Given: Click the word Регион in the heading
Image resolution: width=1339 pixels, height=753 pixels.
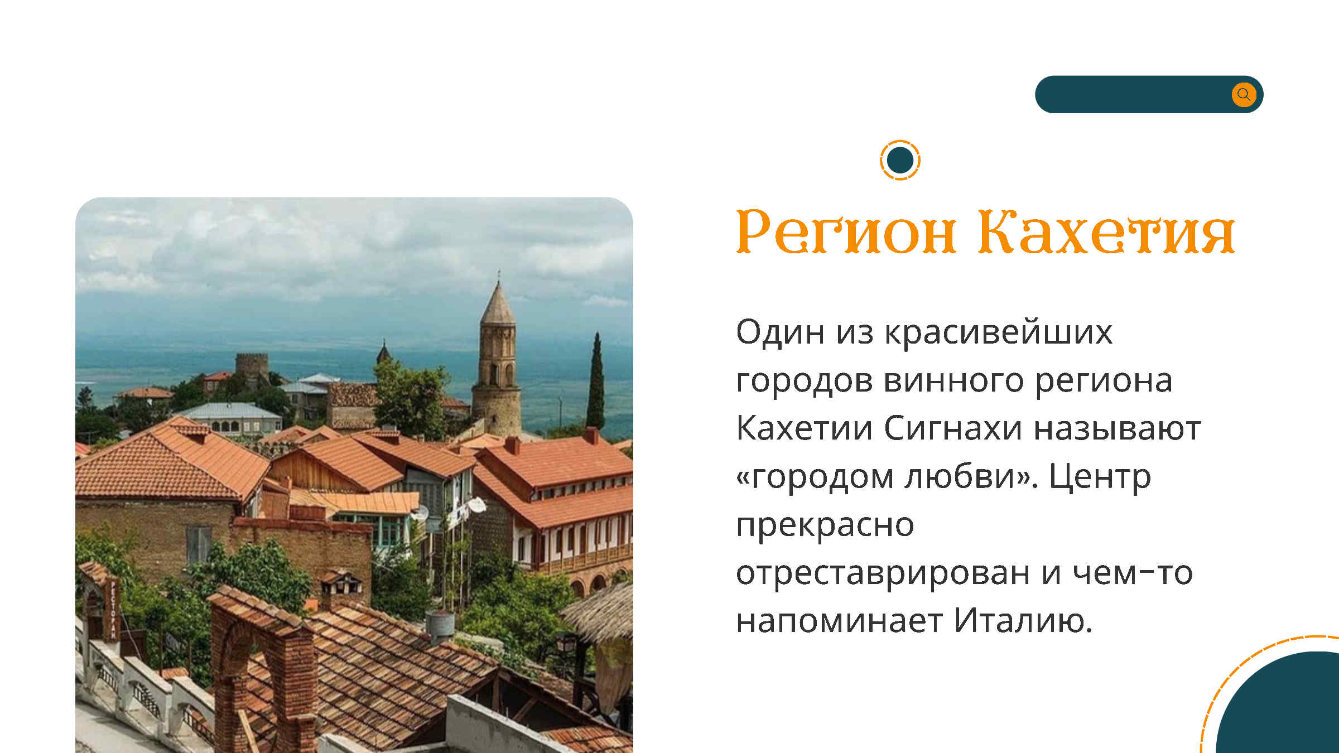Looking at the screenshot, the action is (847, 231).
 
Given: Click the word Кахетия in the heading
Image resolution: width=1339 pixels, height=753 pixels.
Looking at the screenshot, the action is (1106, 231).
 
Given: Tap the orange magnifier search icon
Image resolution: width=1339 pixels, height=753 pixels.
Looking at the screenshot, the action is (1244, 94).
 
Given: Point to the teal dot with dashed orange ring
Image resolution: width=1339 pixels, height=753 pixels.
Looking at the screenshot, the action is (900, 160).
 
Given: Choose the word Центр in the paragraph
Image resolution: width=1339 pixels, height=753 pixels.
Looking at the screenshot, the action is (1100, 477).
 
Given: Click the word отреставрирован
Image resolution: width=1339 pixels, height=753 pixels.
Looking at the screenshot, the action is (883, 573).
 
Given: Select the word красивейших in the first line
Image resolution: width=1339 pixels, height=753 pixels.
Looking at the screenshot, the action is (998, 332).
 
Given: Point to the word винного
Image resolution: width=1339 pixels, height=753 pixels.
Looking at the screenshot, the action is (953, 381).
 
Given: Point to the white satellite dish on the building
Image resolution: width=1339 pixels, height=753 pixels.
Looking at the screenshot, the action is (476, 505).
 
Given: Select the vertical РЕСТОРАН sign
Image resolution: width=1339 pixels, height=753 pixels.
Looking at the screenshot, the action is (113, 609).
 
